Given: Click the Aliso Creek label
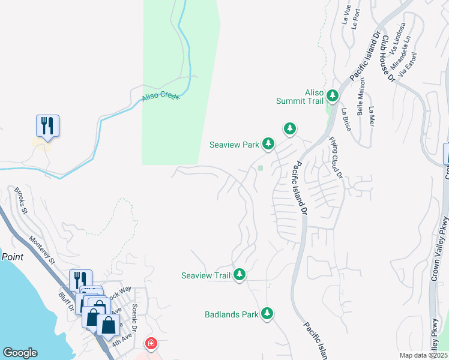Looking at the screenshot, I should click(x=161, y=97).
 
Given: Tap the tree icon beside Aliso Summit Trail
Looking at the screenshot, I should click(x=332, y=94).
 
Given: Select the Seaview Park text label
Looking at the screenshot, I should click(x=234, y=145).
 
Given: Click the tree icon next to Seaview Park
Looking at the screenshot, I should click(x=268, y=143).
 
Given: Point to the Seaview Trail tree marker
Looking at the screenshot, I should click(x=240, y=274).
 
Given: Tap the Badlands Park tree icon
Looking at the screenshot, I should click(x=267, y=313).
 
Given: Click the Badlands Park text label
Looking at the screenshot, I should click(x=231, y=314).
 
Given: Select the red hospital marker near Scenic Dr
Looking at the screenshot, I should click(x=152, y=344).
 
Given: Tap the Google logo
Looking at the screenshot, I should click(x=20, y=353).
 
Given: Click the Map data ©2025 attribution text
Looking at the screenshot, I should click(x=423, y=355).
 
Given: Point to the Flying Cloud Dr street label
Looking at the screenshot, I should click(x=335, y=158).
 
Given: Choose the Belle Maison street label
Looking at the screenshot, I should click(x=361, y=100).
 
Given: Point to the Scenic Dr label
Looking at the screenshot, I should click(x=134, y=318).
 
